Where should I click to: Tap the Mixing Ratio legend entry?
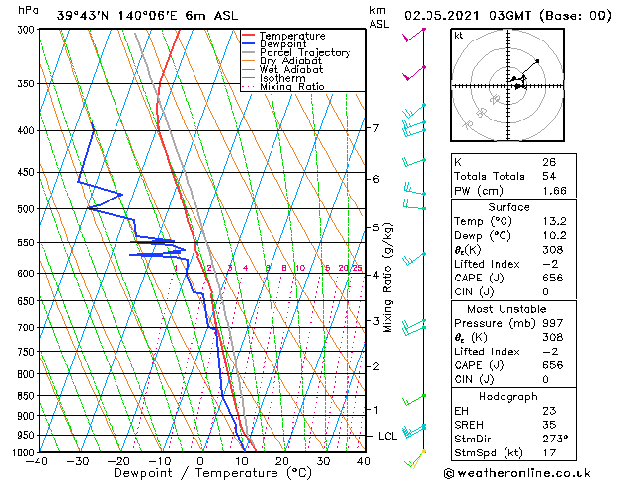pyautogui.click(x=291, y=87)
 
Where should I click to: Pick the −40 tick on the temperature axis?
pyautogui.click(x=38, y=461)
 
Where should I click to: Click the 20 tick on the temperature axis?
pyautogui.click(x=282, y=461)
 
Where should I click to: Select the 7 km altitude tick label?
pyautogui.click(x=375, y=128)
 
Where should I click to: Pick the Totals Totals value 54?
pyautogui.click(x=548, y=176)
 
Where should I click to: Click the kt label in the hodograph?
pyautogui.click(x=459, y=36)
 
